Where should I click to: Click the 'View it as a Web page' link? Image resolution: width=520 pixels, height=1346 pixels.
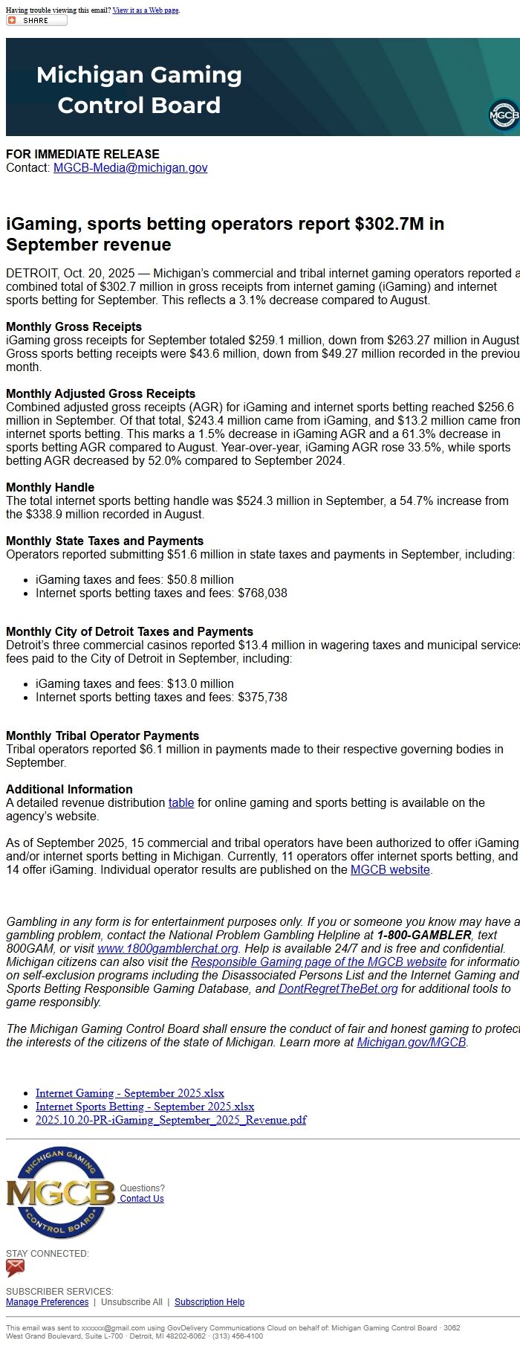pos(146,10)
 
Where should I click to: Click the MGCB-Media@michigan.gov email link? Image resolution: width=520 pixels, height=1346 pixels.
pos(130,168)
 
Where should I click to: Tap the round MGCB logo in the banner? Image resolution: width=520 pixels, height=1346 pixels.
pos(504,116)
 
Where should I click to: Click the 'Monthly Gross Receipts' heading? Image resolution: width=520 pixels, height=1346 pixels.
pos(74,326)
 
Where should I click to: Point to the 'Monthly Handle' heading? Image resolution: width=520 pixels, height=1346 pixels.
pos(50,487)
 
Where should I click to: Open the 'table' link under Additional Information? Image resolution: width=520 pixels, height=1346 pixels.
pos(181,802)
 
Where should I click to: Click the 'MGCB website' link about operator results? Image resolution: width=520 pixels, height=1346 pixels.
pos(390,869)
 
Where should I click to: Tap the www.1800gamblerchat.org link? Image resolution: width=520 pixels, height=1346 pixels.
pos(168,948)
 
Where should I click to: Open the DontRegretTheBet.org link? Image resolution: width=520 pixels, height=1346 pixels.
pos(338,988)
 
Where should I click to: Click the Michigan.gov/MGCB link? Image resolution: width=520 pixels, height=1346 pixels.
pos(411,1042)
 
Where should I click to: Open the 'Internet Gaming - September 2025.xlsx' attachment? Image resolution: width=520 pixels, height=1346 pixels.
pos(130,1093)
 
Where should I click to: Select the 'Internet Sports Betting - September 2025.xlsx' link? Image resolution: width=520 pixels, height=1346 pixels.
pos(145,1107)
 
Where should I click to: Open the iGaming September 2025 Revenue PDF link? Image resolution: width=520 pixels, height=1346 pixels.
pos(171,1120)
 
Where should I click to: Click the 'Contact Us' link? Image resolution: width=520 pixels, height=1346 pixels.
pos(142,1199)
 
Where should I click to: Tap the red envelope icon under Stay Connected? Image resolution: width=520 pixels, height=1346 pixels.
pos(15,1268)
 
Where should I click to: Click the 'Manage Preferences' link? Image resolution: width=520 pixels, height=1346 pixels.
pos(47,1302)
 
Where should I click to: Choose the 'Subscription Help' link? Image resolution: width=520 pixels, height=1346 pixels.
pos(209,1302)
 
